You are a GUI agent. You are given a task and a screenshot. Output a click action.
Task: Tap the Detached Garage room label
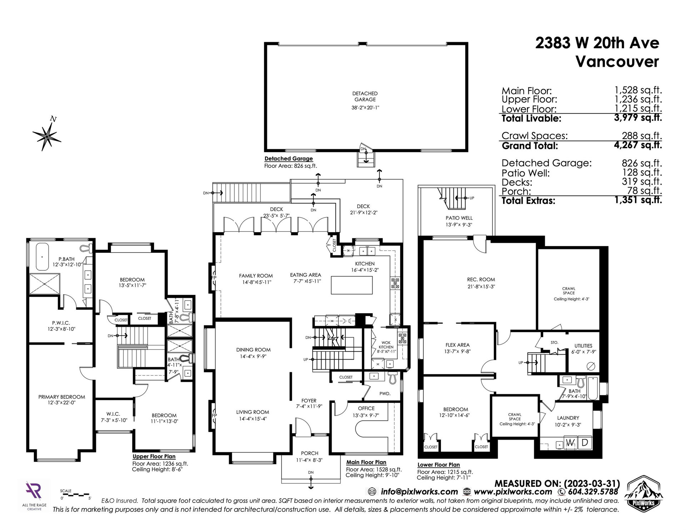(365, 96)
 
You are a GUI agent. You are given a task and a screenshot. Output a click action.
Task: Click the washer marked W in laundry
(571, 443)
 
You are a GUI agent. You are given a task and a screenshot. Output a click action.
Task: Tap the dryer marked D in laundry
(585, 443)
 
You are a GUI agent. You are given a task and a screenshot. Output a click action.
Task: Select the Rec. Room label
(481, 280)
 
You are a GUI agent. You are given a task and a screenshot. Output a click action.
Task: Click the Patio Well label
(459, 218)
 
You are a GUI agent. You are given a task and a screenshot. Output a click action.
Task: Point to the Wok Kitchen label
(386, 345)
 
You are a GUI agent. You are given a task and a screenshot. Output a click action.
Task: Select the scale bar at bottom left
(75, 495)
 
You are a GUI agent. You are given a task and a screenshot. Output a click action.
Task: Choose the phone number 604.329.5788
(591, 491)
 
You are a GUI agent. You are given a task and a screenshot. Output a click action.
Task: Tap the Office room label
(366, 408)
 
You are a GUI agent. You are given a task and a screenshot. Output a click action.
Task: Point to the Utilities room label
(583, 346)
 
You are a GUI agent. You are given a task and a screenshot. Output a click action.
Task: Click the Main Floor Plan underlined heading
(366, 462)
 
